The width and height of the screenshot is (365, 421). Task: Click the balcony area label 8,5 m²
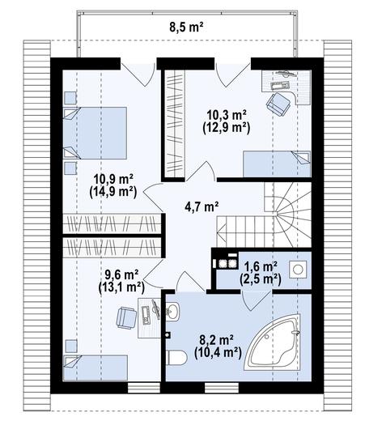pos(186,26)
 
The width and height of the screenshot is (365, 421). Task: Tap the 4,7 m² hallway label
pos(202,206)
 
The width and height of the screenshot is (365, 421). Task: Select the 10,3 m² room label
pos(227,113)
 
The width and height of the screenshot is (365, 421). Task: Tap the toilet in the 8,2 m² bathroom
pos(176,355)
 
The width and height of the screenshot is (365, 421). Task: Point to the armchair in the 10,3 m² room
pos(279,103)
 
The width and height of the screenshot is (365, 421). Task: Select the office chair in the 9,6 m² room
pos(126,317)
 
